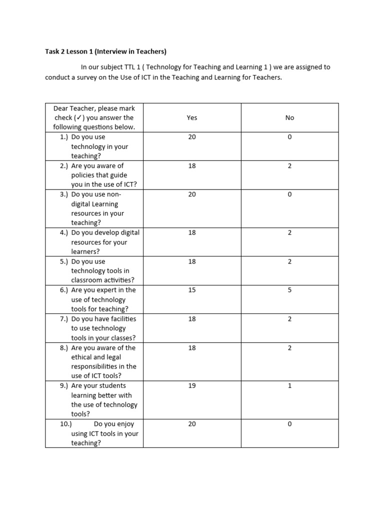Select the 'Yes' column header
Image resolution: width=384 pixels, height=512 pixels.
pyautogui.click(x=192, y=117)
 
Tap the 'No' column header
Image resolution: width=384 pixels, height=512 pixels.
pyautogui.click(x=290, y=117)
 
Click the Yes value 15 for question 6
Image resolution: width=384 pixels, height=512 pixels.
pyautogui.click(x=192, y=290)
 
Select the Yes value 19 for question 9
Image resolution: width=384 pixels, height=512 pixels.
pyautogui.click(x=192, y=386)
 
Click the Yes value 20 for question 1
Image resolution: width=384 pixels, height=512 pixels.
pyautogui.click(x=192, y=137)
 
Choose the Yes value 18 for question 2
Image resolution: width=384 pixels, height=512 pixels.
pyautogui.click(x=192, y=165)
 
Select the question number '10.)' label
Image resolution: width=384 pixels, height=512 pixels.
pyautogui.click(x=66, y=424)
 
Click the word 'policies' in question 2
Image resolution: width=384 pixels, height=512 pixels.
pyautogui.click(x=84, y=175)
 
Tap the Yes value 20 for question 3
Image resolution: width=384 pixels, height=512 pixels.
pyautogui.click(x=192, y=194)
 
